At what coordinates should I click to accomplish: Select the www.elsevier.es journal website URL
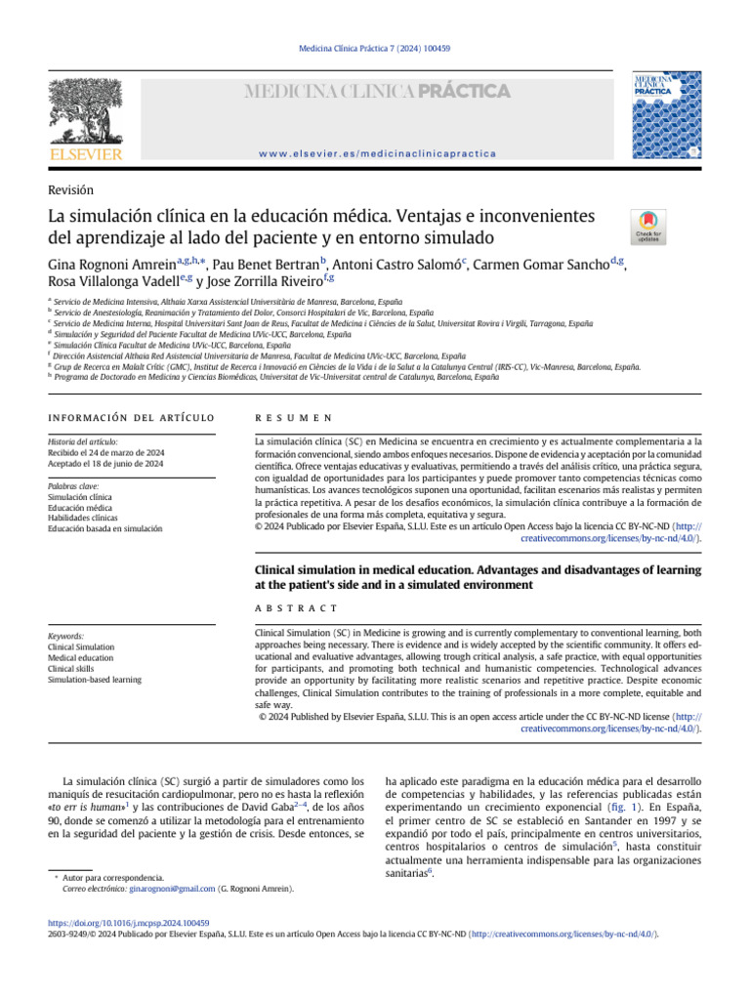coord(377,153)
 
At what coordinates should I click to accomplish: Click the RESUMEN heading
coord(293,418)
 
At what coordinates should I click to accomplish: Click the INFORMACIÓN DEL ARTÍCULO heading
coord(131,418)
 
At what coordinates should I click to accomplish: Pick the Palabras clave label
coord(73,485)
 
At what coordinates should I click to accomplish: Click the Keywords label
coord(65,636)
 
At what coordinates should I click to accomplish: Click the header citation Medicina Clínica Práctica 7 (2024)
coord(374,48)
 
